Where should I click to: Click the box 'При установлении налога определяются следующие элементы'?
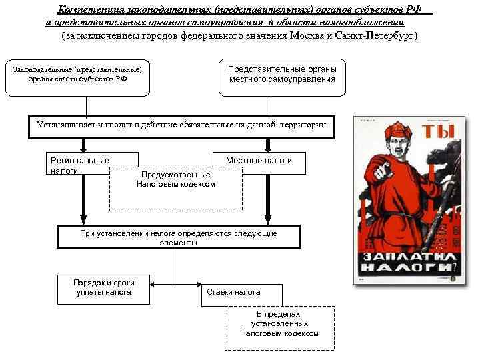(179, 237)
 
